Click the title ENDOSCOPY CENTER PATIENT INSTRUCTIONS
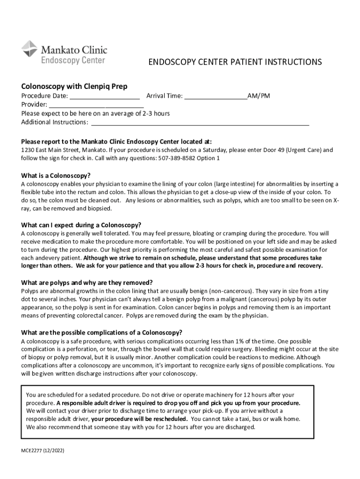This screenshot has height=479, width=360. tap(235, 62)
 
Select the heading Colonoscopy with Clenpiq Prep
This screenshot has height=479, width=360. tap(74, 87)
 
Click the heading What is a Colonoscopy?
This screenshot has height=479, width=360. tap(56, 175)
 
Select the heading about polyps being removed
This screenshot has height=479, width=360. tap(86, 283)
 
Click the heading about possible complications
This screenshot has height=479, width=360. tap(101, 333)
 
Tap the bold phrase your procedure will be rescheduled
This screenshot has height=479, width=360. tap(139, 419)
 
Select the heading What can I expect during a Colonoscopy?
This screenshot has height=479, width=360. tap(81, 225)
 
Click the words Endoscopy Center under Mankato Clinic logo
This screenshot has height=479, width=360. tap(73, 60)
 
